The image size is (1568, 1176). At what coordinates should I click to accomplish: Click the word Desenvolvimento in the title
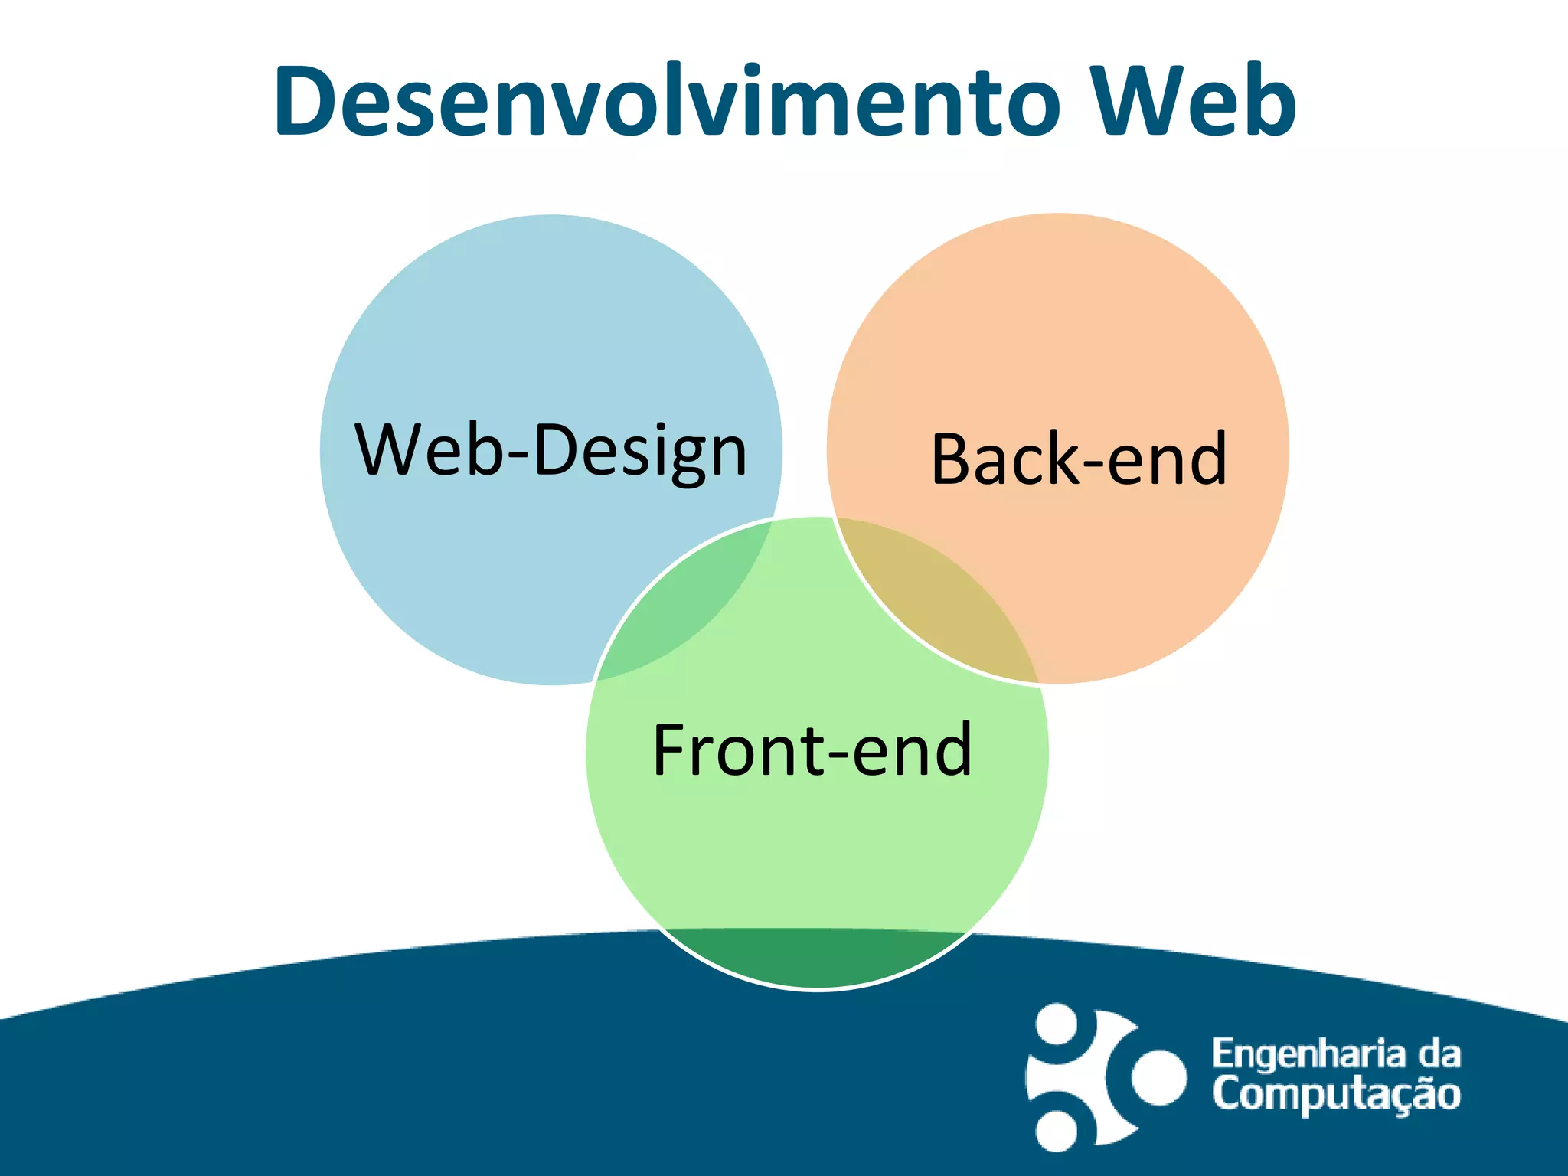click(666, 102)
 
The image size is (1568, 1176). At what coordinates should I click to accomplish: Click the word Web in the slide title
click(1192, 102)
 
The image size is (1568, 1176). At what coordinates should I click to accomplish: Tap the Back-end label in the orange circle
click(1079, 459)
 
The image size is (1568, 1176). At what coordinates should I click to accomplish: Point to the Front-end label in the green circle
click(812, 750)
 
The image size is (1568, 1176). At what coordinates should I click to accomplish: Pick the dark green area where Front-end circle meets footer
click(816, 957)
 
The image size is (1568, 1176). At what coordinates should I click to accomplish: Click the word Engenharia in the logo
click(1308, 1054)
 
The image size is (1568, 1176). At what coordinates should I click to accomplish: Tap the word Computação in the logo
click(1336, 1094)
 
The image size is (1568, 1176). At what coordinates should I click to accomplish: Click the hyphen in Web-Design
click(518, 456)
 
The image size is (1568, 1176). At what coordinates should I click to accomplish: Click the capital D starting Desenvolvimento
click(305, 102)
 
